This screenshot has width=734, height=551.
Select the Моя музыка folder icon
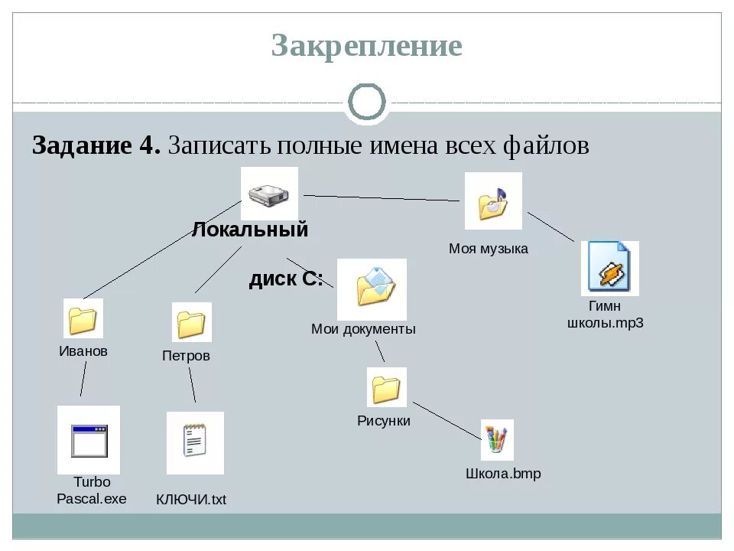pyautogui.click(x=493, y=201)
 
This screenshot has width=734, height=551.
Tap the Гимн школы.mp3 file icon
pyautogui.click(x=609, y=268)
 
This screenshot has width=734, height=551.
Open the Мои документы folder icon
pyautogui.click(x=372, y=289)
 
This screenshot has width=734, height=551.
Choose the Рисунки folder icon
pyautogui.click(x=386, y=387)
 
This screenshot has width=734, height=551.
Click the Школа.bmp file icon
pyautogui.click(x=497, y=440)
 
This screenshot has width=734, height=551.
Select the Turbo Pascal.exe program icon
pyautogui.click(x=89, y=440)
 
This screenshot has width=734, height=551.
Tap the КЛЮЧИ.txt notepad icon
pyautogui.click(x=195, y=442)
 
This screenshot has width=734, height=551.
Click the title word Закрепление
pyautogui.click(x=367, y=46)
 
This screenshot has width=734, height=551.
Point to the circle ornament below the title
pyautogui.click(x=367, y=102)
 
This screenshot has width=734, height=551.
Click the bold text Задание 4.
pyautogui.click(x=96, y=145)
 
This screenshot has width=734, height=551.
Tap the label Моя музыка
pyautogui.click(x=488, y=249)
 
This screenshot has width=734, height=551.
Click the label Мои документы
pyautogui.click(x=363, y=329)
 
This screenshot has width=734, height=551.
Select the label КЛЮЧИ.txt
pyautogui.click(x=191, y=500)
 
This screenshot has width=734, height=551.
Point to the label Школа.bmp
pyautogui.click(x=503, y=474)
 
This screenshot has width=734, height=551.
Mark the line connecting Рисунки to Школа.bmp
pyautogui.click(x=446, y=421)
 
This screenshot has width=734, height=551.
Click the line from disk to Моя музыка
pyautogui.click(x=382, y=197)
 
